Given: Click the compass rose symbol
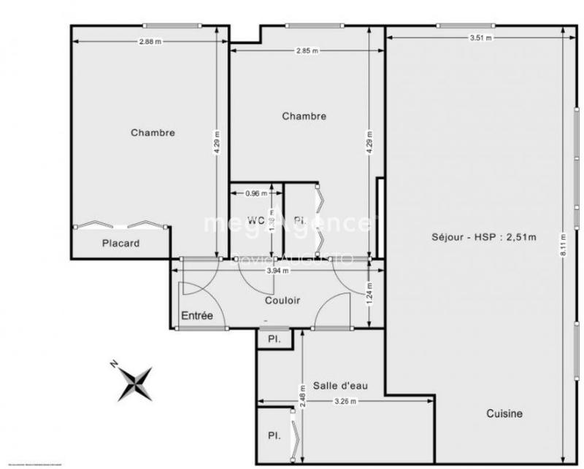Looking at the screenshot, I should coord(135,382).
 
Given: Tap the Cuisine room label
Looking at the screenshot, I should coord(504,414).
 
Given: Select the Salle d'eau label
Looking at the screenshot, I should coord(334,385).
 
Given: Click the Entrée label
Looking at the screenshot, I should coord(196,316).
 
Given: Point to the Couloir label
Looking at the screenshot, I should coord(283,300).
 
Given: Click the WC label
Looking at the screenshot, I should coord(255,220).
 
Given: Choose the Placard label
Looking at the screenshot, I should coord(120,244).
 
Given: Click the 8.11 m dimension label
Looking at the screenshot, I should coord(562,243).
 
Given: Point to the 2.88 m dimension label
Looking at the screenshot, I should coord(150,42).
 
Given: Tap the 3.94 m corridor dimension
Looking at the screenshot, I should coord(278,270).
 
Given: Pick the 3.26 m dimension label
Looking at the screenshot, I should coord(345,401).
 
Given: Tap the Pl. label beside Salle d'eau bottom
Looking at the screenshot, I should coord(274,436).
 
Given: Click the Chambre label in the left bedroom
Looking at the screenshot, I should coord(153,133).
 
